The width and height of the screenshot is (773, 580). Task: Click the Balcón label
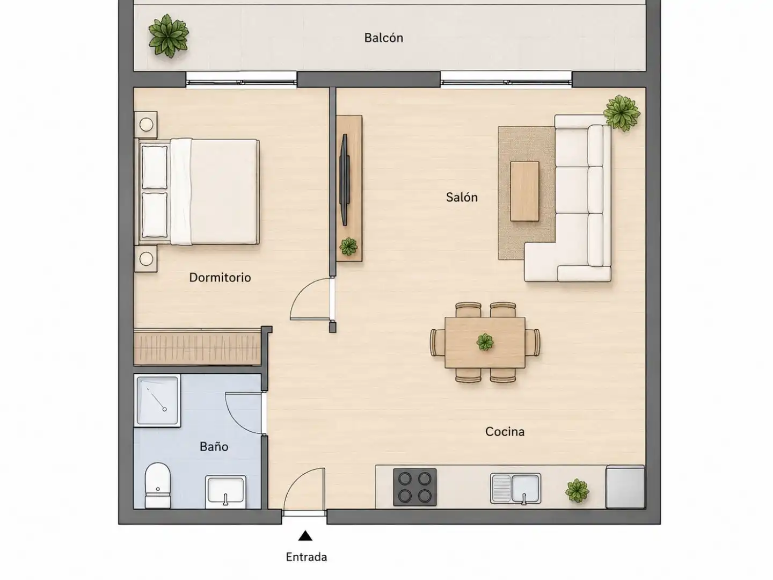(x=383, y=38)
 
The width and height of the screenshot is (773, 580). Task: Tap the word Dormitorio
(x=220, y=278)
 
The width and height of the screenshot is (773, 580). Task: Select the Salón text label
(x=462, y=197)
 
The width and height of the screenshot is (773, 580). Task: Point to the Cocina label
(x=505, y=431)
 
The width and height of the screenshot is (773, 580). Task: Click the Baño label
(x=214, y=446)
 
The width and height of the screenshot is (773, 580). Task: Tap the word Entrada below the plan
(x=307, y=557)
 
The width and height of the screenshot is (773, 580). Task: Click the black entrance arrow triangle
(x=305, y=535)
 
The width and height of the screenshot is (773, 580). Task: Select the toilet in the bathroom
(x=158, y=485)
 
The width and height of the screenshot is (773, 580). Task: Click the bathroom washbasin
(x=226, y=491)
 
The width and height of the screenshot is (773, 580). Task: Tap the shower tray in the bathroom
(x=157, y=401)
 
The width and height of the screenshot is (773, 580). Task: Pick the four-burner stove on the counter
(x=414, y=487)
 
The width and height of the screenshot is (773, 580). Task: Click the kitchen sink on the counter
(x=515, y=489)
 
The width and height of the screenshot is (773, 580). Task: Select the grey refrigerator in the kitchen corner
(x=625, y=487)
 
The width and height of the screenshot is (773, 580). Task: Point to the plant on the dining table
(x=485, y=342)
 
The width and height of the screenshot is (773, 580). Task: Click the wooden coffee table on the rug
(x=524, y=191)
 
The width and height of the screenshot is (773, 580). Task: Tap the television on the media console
(x=345, y=179)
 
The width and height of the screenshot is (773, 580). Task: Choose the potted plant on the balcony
(x=169, y=36)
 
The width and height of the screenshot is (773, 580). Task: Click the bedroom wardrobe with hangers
(x=197, y=347)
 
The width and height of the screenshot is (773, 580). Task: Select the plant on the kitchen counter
(x=577, y=490)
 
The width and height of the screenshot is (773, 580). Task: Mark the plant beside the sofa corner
(x=622, y=113)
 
